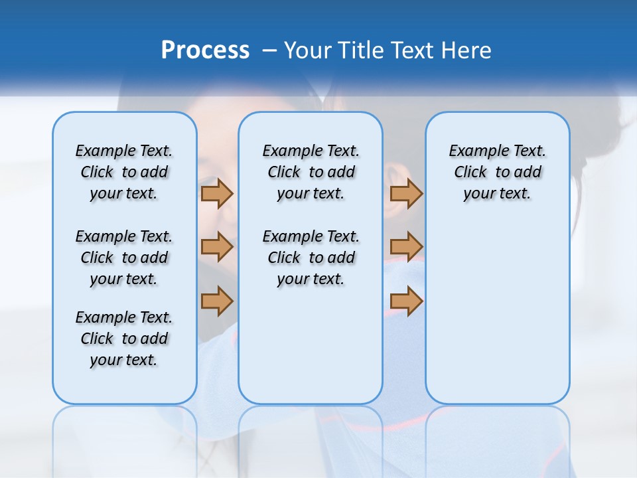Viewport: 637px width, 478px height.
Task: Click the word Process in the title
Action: pyautogui.click(x=205, y=50)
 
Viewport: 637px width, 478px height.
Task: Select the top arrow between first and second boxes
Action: pyautogui.click(x=217, y=194)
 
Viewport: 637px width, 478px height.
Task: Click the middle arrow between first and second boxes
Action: pyautogui.click(x=217, y=248)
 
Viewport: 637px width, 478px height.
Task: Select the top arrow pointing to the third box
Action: pyautogui.click(x=406, y=194)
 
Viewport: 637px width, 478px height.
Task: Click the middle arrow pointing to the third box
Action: pyautogui.click(x=406, y=248)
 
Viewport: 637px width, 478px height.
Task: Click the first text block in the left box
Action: pyautogui.click(x=124, y=172)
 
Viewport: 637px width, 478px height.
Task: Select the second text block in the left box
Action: pyautogui.click(x=124, y=258)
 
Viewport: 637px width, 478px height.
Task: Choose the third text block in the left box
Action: pyautogui.click(x=124, y=339)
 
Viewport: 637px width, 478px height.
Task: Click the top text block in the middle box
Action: pyautogui.click(x=311, y=172)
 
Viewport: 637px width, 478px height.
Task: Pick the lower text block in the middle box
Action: pyautogui.click(x=311, y=258)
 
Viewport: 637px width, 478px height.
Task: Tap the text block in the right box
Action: pyautogui.click(x=498, y=172)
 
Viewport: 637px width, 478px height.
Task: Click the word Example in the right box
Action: pyautogui.click(x=474, y=151)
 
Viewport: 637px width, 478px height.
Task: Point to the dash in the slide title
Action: pyautogui.click(x=269, y=50)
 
